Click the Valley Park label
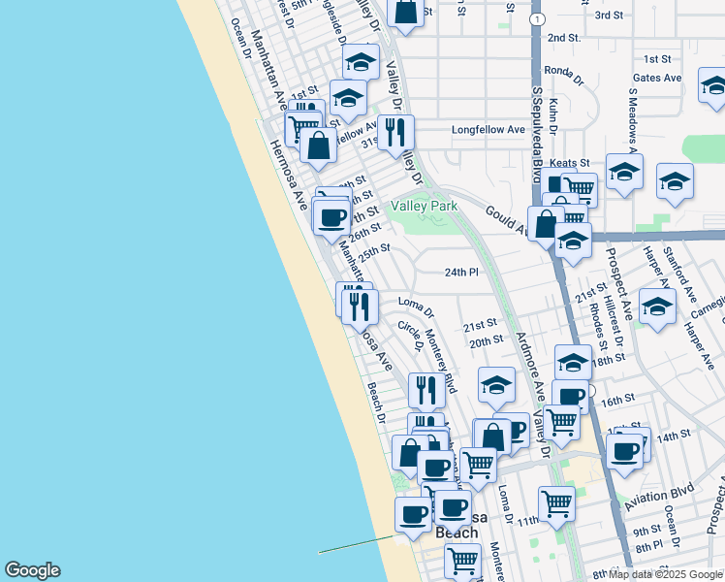point(424,206)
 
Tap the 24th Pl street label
point(462,272)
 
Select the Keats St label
point(570,163)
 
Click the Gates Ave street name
point(658,78)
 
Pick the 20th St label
point(486,340)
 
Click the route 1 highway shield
point(536,18)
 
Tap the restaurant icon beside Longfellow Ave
point(395,133)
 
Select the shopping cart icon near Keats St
point(579,187)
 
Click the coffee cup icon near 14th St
point(625,450)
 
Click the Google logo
point(32,570)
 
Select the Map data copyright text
point(666,574)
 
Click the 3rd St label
point(609,16)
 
